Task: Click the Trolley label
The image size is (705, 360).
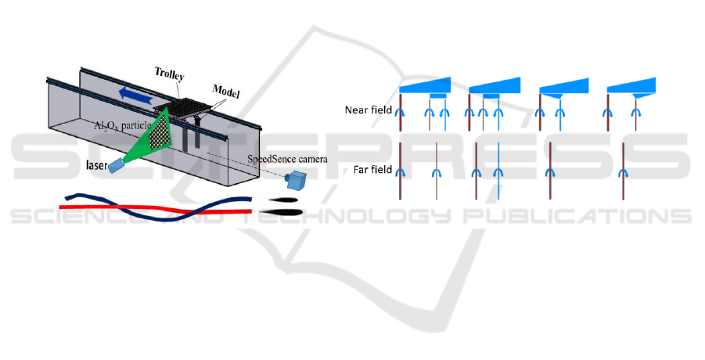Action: [x=170, y=74]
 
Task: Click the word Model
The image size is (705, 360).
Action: [x=225, y=92]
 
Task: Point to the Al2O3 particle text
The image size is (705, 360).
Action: [x=122, y=125]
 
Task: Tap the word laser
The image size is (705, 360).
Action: [x=97, y=165]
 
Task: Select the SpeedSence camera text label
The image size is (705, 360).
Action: [x=287, y=159]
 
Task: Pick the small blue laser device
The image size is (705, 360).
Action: [x=117, y=165]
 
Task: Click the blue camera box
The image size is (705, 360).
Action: [x=297, y=180]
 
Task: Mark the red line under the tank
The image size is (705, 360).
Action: [x=156, y=209]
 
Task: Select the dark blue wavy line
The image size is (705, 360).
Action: [x=158, y=207]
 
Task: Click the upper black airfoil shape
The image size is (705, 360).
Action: [x=282, y=200]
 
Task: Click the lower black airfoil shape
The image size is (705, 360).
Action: [x=281, y=212]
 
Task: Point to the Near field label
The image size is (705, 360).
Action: [x=369, y=110]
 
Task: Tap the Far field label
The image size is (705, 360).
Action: [x=372, y=170]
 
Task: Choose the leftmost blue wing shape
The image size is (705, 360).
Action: [x=425, y=86]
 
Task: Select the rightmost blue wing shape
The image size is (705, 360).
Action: [x=631, y=86]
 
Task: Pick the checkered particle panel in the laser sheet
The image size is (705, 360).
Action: [x=160, y=131]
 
